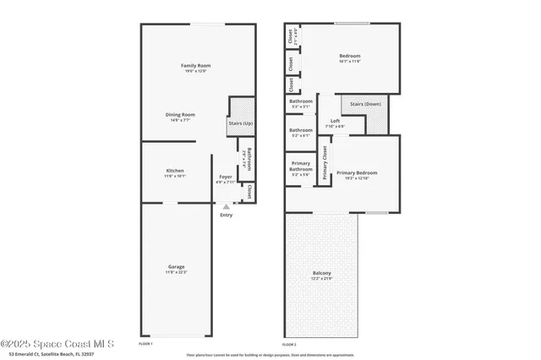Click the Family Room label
tap(194, 65)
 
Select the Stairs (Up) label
tap(241, 123)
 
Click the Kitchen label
tap(175, 171)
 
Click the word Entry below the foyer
tap(226, 215)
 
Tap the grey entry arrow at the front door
tap(226, 205)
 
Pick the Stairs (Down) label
tap(365, 104)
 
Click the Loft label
tap(335, 120)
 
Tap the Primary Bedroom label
tap(357, 172)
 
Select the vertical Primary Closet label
tap(325, 163)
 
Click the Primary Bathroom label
tap(301, 167)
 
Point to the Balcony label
tap(322, 272)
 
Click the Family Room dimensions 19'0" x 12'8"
tap(194, 71)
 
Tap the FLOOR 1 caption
tap(145, 345)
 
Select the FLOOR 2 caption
tap(290, 345)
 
